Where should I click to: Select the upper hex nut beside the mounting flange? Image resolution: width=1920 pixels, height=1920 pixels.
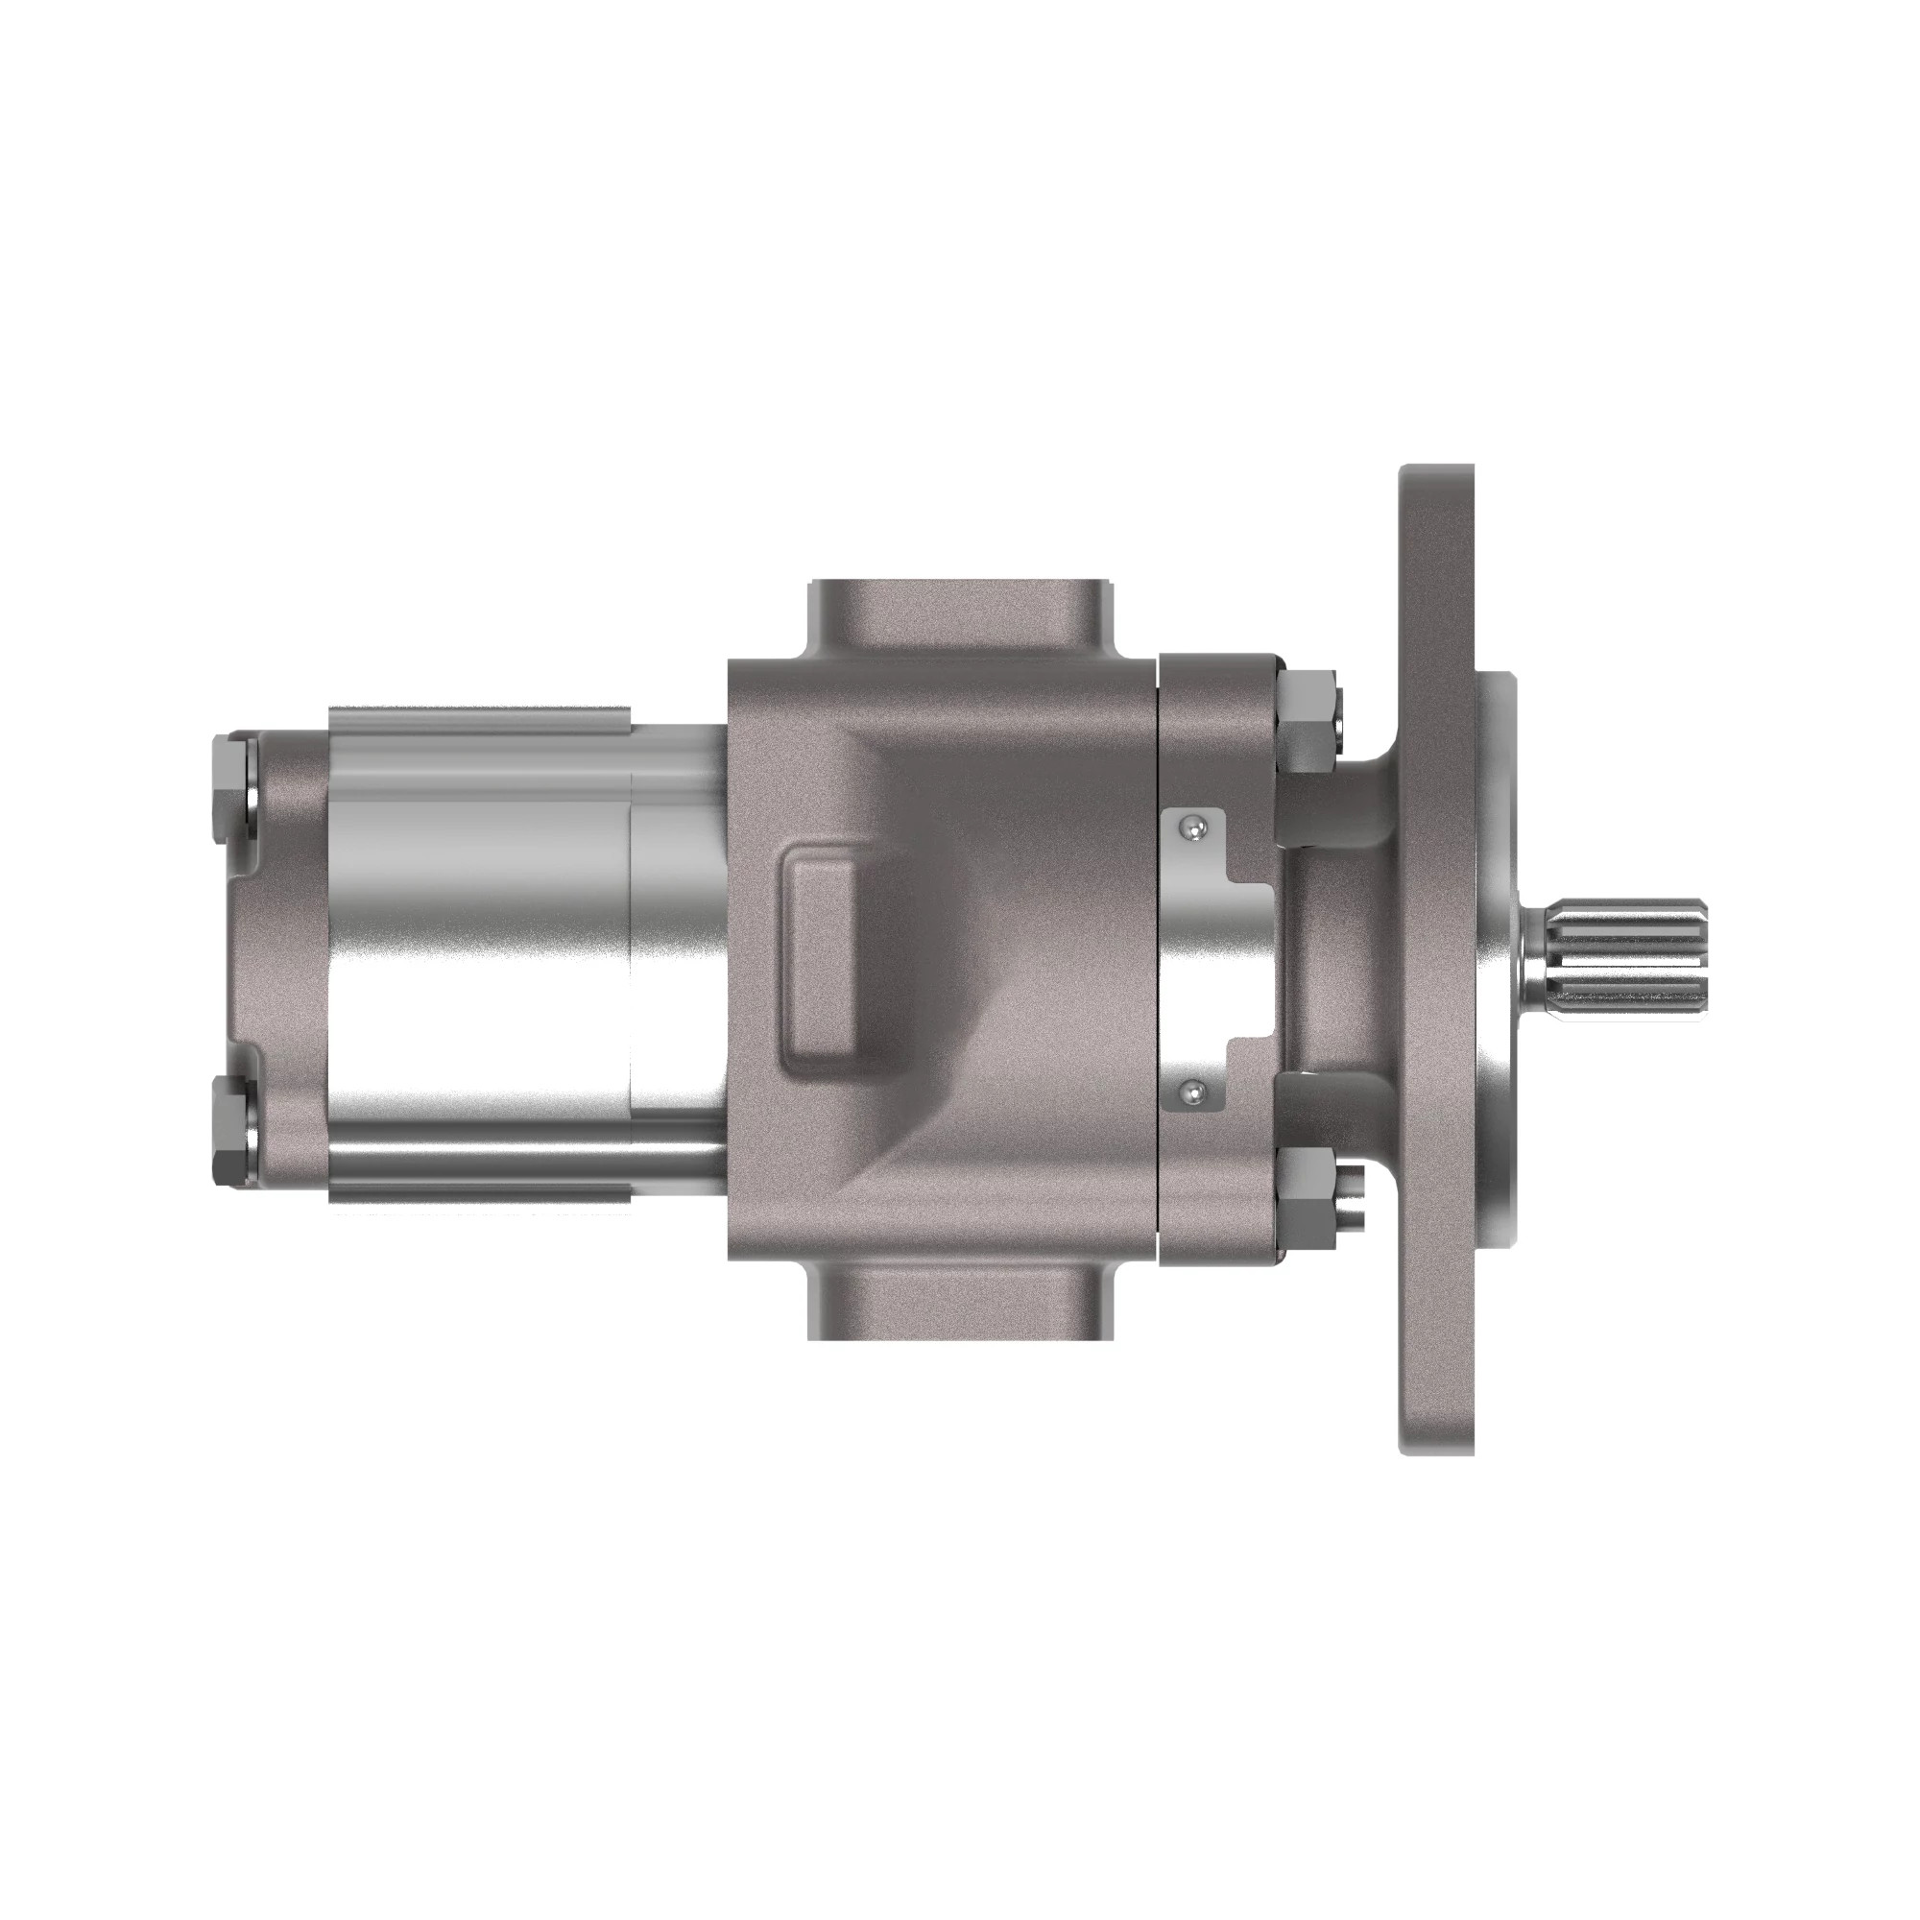[x=1308, y=721]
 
